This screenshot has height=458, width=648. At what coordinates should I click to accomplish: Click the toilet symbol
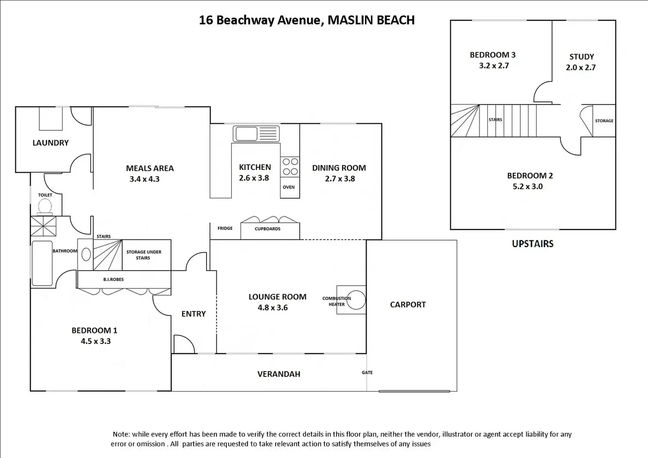[45, 207]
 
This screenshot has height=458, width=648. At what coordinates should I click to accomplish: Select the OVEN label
[289, 187]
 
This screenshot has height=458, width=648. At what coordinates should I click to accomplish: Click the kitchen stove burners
[290, 166]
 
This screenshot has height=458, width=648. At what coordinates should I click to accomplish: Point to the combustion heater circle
[356, 300]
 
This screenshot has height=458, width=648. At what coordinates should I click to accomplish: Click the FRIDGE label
[225, 228]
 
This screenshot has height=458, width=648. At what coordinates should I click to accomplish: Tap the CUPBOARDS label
[268, 229]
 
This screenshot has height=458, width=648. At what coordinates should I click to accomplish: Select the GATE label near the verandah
[367, 373]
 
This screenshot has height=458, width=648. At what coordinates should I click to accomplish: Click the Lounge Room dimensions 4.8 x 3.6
[273, 307]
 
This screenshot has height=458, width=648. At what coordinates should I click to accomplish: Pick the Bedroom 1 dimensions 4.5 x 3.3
[96, 341]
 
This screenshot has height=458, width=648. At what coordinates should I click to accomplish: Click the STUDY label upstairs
[582, 56]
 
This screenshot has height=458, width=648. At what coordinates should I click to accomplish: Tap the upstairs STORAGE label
[604, 121]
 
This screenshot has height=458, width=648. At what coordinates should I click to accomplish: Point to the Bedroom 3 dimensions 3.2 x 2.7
[494, 66]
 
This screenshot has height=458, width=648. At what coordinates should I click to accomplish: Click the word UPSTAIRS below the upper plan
[533, 244]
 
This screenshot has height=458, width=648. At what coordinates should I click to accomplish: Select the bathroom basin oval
[86, 255]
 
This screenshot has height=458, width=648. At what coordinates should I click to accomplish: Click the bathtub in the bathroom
[42, 264]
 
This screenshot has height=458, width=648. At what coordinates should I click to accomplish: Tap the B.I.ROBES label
[114, 279]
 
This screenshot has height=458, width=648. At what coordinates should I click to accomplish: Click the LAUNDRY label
[51, 143]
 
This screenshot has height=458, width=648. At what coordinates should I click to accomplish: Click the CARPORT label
[408, 304]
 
